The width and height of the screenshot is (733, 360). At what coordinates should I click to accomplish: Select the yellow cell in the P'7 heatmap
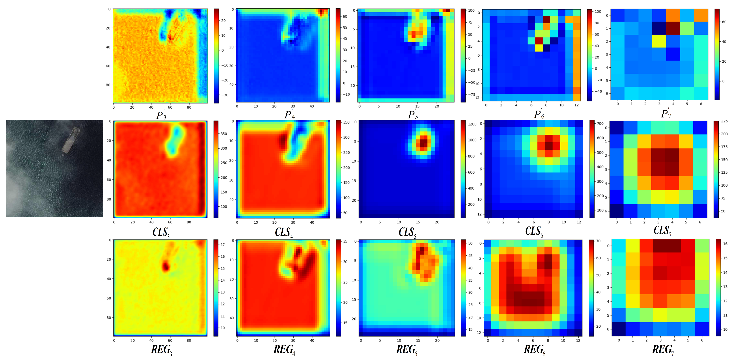click(x=659, y=41)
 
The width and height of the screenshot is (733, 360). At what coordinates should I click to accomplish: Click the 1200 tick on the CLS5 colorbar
click(x=472, y=124)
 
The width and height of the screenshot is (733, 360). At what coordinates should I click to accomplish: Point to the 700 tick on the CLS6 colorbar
click(x=600, y=124)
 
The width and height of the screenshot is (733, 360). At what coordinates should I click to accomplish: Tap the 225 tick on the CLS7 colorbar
click(x=724, y=121)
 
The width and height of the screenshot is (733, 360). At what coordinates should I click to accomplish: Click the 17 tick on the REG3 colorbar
click(x=222, y=245)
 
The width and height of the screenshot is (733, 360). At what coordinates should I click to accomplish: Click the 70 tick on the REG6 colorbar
click(x=598, y=241)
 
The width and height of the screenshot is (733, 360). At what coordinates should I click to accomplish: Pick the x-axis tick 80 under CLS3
click(x=189, y=222)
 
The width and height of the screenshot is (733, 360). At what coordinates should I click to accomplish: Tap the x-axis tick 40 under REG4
click(x=312, y=340)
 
